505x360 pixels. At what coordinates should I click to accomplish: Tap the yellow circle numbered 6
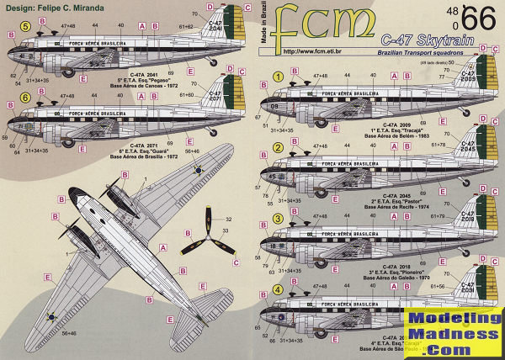[26, 98]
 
